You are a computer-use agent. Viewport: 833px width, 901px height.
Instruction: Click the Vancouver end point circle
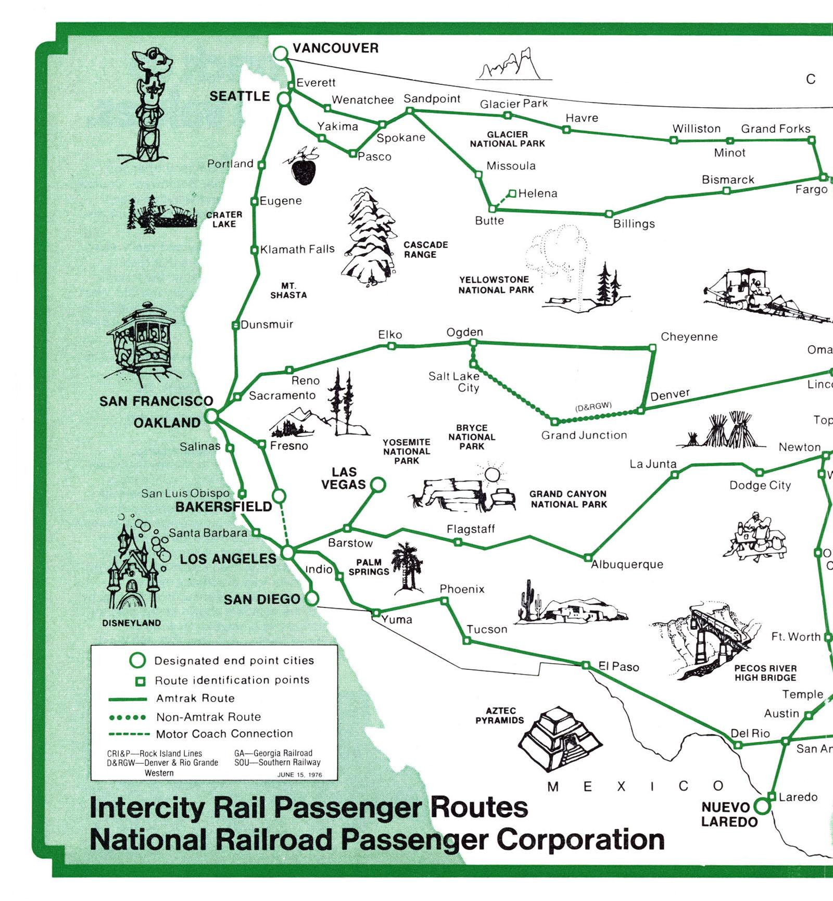[x=281, y=53]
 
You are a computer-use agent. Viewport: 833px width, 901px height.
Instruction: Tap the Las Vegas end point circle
[x=378, y=485]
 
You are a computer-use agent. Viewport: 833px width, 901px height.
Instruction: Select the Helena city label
[x=538, y=194]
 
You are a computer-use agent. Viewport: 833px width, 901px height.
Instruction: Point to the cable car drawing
[x=141, y=344]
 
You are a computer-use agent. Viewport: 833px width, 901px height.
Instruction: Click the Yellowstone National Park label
[x=496, y=285]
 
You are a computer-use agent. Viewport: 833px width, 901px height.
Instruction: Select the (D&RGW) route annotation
[x=594, y=407]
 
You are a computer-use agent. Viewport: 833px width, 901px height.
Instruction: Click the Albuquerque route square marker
[x=588, y=557]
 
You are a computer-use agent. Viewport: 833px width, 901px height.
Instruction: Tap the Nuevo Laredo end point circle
[x=762, y=806]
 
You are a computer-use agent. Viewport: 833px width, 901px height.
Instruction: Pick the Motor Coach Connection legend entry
[x=201, y=734]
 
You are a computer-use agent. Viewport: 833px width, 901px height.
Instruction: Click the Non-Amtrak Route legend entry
[x=185, y=717]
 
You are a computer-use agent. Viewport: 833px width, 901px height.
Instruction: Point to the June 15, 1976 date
[x=299, y=775]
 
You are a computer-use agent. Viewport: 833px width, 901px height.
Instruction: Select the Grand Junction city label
[x=584, y=435]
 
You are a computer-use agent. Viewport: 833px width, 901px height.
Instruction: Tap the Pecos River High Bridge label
[x=765, y=673]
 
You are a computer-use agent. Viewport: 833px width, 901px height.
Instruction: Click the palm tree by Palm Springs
[x=408, y=568]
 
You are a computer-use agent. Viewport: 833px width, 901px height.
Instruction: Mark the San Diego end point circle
[x=311, y=598]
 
